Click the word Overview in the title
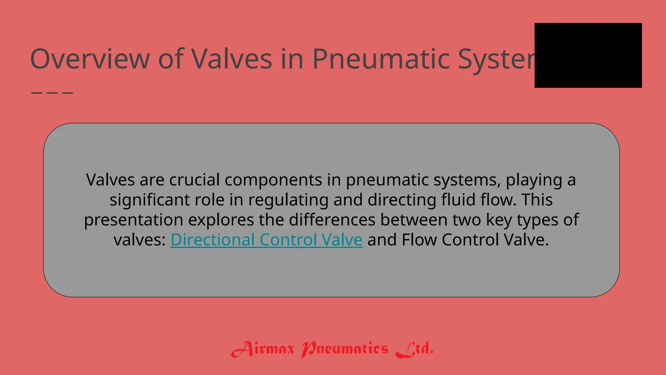(90, 59)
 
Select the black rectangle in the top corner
(588, 55)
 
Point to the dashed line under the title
(52, 93)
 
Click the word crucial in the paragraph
(194, 180)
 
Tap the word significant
(149, 200)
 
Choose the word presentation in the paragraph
(133, 220)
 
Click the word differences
(332, 220)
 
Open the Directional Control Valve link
(266, 240)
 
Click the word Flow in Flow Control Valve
(419, 240)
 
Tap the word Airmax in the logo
(263, 349)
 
